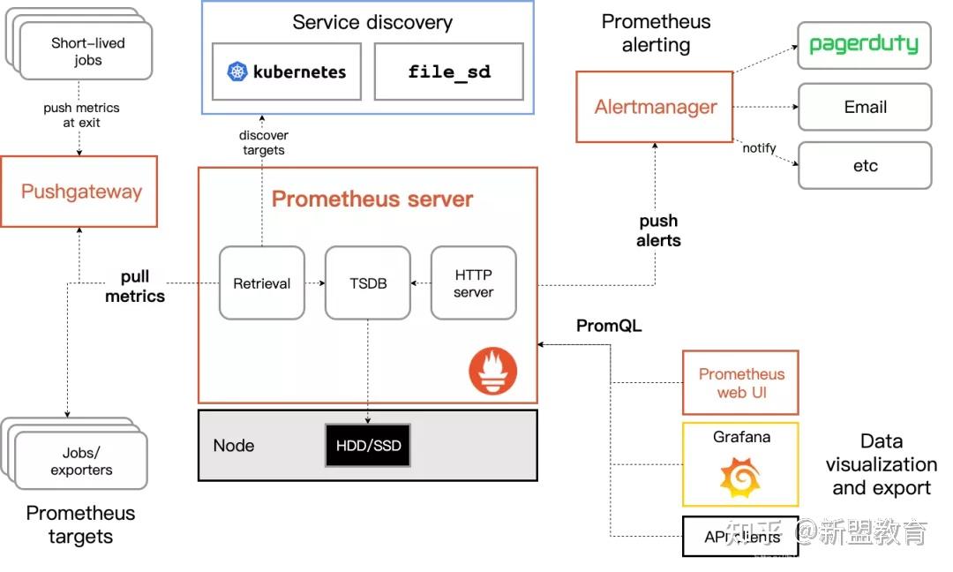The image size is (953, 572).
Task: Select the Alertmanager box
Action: (x=655, y=107)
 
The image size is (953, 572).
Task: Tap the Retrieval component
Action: (x=261, y=283)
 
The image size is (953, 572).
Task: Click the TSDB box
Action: (x=367, y=283)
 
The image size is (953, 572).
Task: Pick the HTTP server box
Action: (x=473, y=283)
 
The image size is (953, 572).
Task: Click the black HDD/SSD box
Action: (x=368, y=446)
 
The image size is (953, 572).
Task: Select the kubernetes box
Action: (x=288, y=71)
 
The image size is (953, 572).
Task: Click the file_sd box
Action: (x=448, y=71)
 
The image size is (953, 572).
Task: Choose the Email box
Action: (x=864, y=107)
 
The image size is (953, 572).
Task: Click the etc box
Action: (x=864, y=165)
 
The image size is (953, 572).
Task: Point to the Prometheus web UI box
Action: (x=740, y=382)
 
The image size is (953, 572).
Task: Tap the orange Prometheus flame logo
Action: (x=492, y=370)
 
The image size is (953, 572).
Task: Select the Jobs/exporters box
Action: (x=81, y=461)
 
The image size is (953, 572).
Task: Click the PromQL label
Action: (x=609, y=326)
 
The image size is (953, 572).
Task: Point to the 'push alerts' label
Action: (x=658, y=230)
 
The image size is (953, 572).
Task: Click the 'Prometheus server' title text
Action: (x=372, y=199)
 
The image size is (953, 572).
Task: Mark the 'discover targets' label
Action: (x=263, y=142)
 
